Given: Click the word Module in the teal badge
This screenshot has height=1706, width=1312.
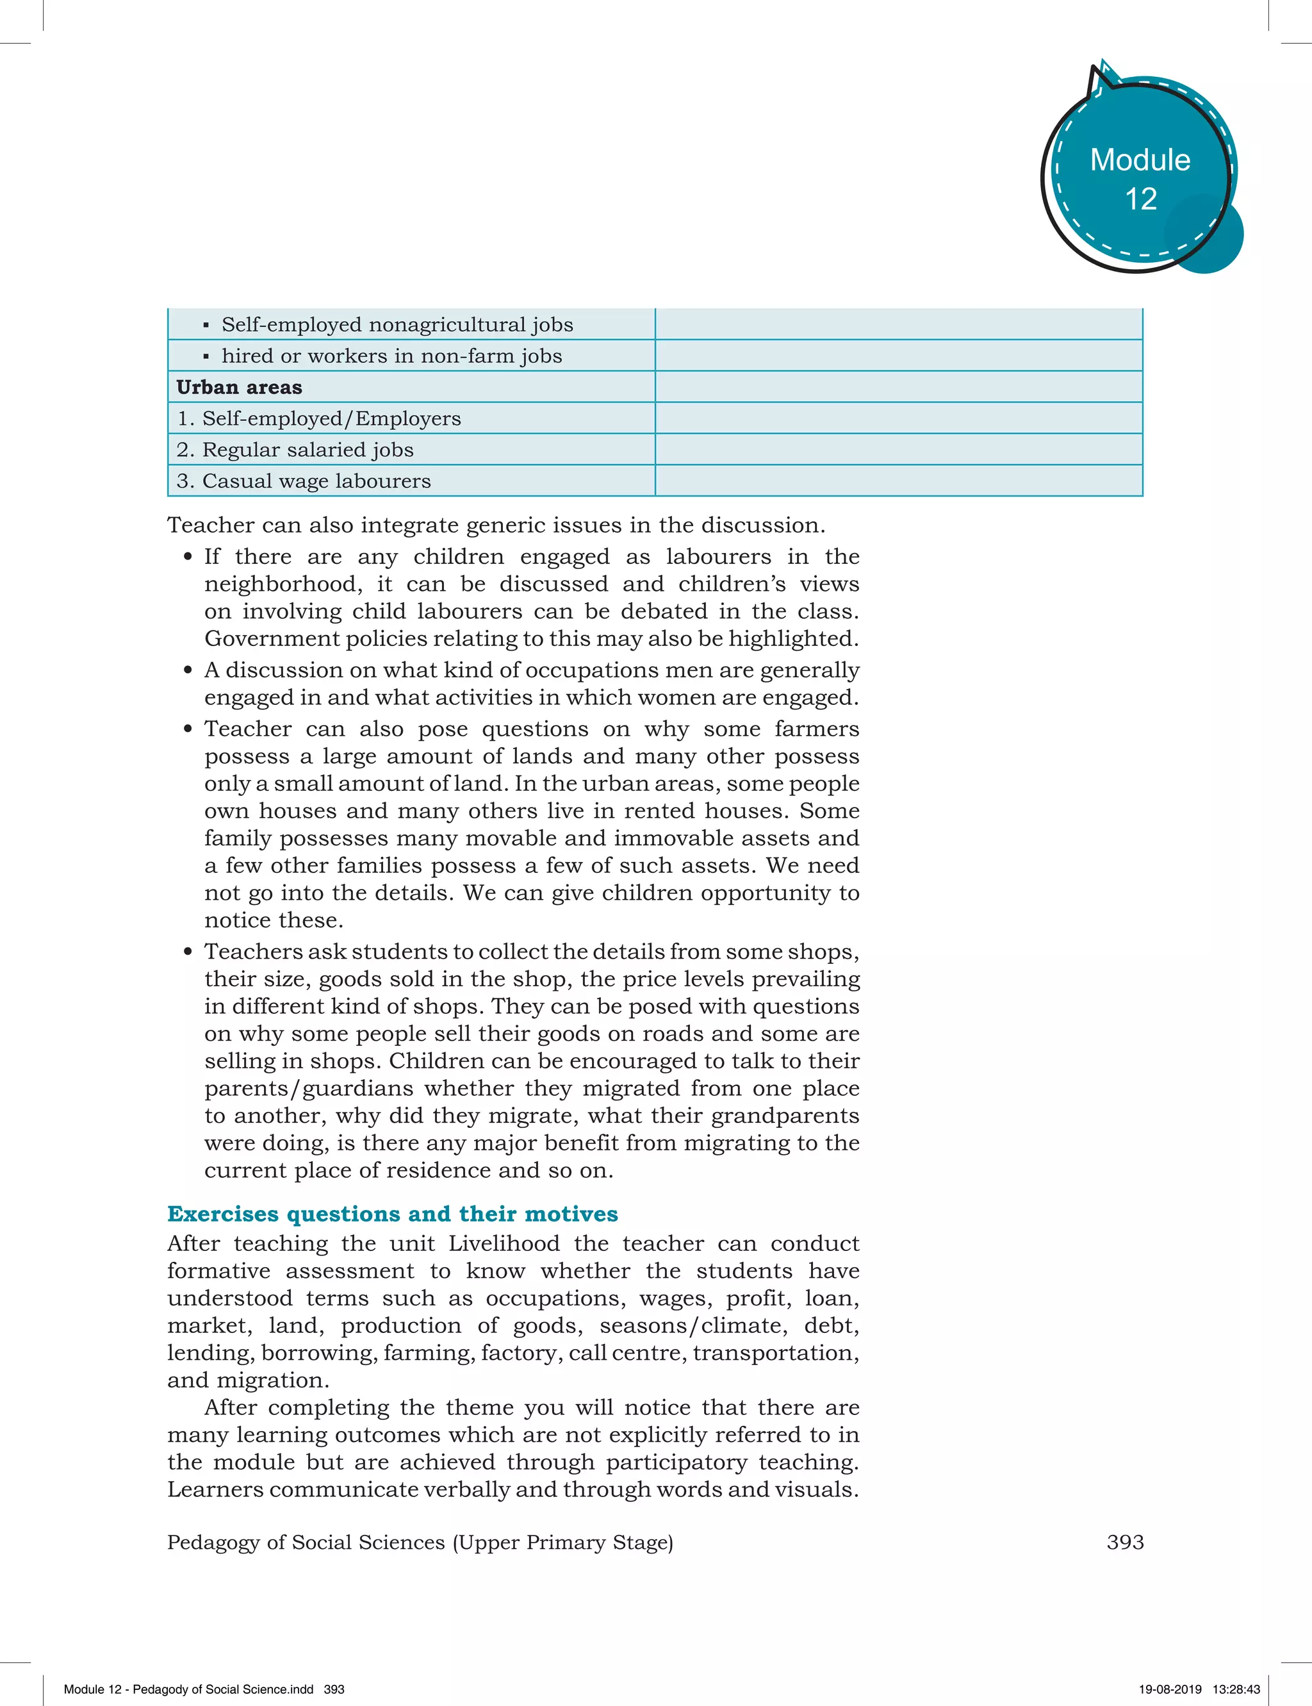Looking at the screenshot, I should coord(1140,160).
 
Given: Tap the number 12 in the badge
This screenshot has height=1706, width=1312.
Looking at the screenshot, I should coord(1140,199).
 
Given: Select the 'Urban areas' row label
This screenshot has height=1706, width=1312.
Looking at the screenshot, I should coord(239,388).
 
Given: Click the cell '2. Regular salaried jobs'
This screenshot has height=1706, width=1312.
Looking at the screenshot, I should coord(295,450).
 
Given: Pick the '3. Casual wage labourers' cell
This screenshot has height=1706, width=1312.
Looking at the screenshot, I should coord(304,481).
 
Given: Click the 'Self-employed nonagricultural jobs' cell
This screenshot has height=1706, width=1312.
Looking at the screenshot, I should coord(397,325).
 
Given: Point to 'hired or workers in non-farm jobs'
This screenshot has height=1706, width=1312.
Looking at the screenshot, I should coord(391,356).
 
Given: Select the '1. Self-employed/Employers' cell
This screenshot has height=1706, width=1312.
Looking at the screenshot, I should coord(318,418).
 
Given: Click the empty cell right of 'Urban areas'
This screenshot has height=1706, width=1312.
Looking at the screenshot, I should coord(898,388).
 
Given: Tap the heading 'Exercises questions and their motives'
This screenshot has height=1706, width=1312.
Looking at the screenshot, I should coord(392,1214).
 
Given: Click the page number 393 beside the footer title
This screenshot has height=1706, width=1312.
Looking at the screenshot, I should coord(1124,1542).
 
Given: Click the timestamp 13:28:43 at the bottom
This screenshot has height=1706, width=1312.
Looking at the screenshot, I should coord(1236,1689).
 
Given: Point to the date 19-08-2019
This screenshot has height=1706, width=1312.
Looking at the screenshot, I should coord(1170,1689).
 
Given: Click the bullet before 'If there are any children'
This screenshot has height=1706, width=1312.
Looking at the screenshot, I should coord(188,557).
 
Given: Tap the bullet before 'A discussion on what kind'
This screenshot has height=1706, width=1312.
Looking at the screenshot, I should coord(188,670).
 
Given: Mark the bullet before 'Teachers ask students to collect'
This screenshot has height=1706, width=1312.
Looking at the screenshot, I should coord(188,952).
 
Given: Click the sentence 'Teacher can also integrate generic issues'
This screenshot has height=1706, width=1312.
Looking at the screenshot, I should coord(496,525).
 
